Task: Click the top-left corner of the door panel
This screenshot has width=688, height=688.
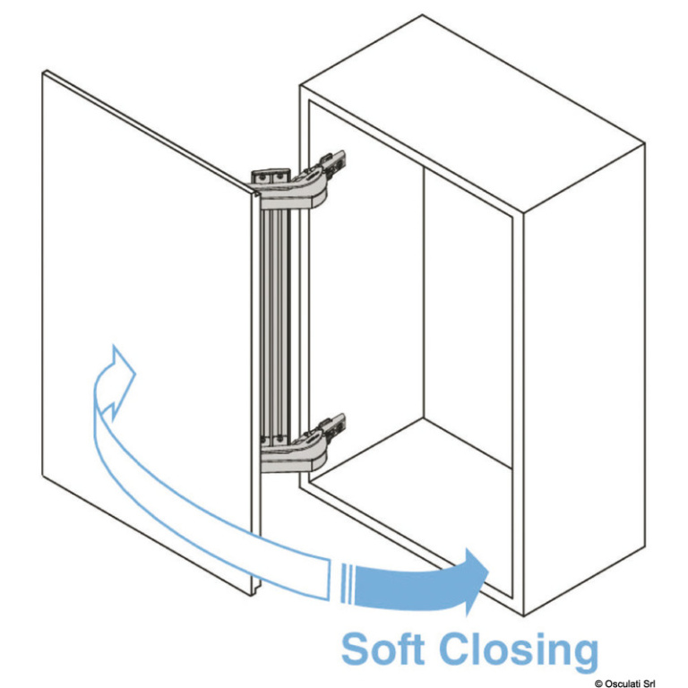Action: (x=44, y=72)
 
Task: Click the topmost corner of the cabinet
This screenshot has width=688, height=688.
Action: (x=422, y=15)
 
